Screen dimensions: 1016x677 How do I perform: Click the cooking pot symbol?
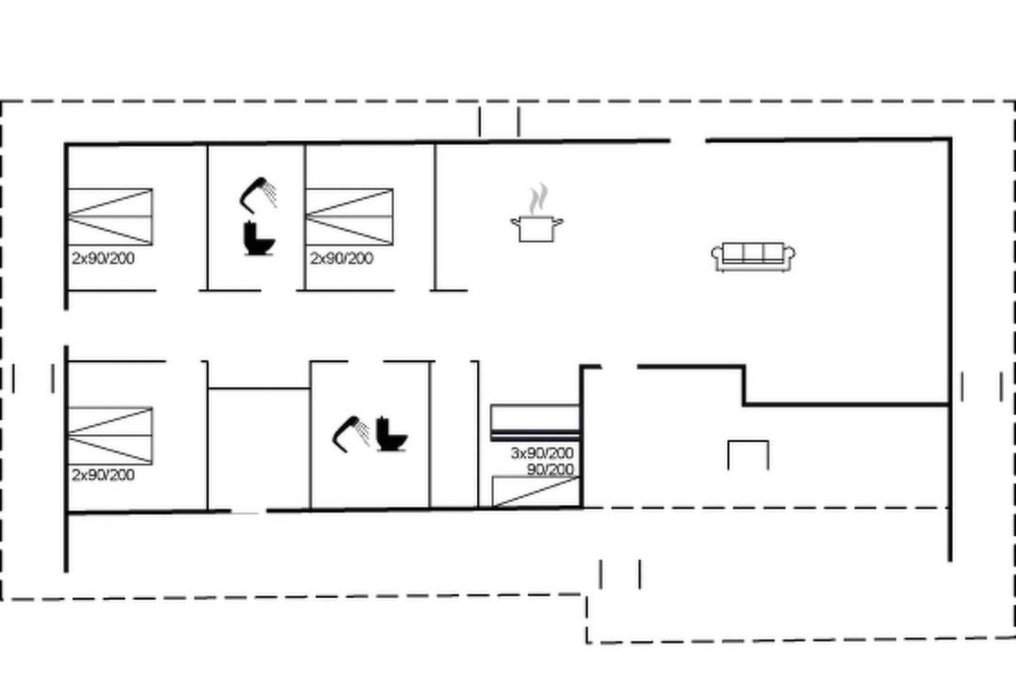click(x=536, y=229)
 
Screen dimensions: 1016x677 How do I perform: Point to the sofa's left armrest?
click(x=717, y=257)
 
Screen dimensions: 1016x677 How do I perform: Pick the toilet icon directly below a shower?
click(x=259, y=238)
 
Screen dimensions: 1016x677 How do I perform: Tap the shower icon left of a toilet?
click(x=351, y=433)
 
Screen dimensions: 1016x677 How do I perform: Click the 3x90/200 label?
click(x=542, y=453)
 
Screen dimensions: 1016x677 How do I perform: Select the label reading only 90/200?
click(x=550, y=469)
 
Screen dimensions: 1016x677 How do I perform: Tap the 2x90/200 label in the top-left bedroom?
click(x=103, y=259)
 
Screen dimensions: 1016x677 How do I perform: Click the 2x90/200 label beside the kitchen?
click(x=341, y=259)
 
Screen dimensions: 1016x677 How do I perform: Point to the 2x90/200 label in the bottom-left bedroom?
click(x=103, y=475)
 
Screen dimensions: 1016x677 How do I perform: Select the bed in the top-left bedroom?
click(x=110, y=217)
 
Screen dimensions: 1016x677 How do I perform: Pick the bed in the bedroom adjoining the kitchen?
click(x=349, y=217)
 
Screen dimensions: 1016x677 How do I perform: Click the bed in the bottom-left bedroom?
click(x=110, y=436)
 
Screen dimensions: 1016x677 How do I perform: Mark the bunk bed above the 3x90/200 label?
click(x=534, y=422)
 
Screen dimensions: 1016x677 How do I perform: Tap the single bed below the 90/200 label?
click(x=535, y=492)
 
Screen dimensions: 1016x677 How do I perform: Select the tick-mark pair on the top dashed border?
click(x=499, y=122)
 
